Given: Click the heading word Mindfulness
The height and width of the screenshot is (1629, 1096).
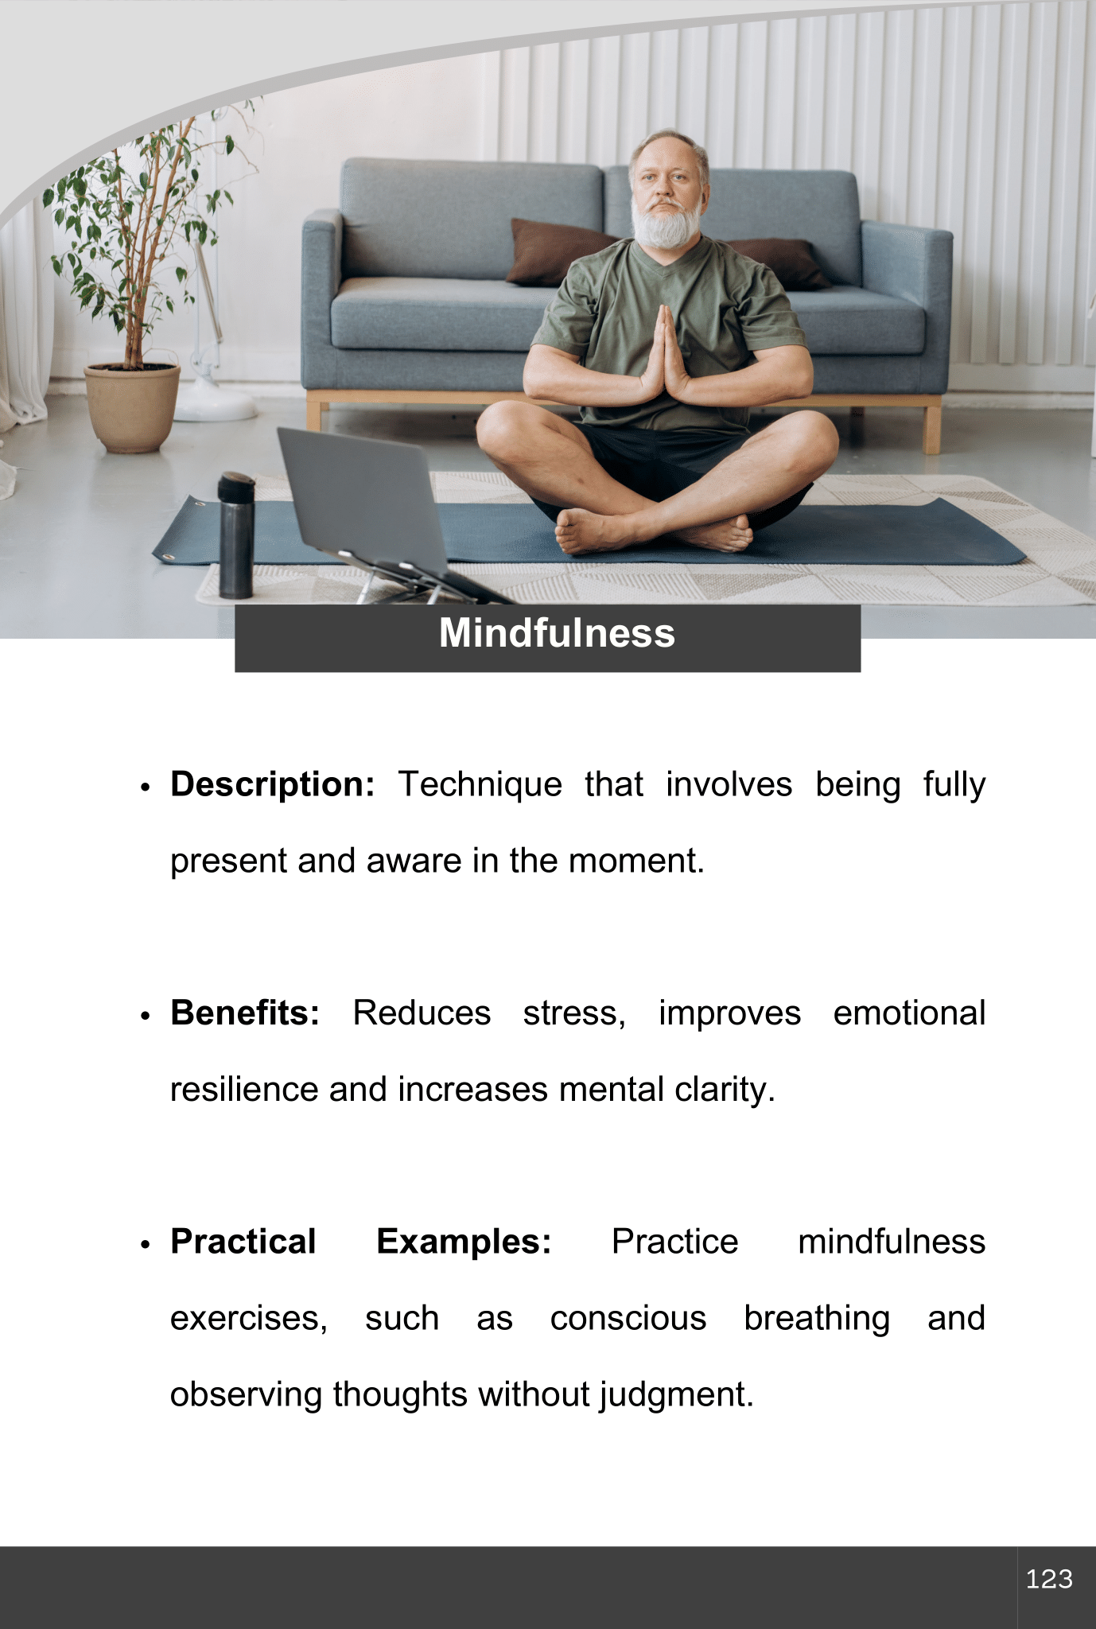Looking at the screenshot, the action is [557, 633].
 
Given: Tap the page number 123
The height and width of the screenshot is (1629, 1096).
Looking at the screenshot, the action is [1049, 1579].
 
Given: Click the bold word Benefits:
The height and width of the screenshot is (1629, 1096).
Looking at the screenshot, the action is [245, 1013].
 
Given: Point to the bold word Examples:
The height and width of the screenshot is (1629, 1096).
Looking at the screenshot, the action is [464, 1242].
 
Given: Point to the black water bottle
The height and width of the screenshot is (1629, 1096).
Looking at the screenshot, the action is [235, 535].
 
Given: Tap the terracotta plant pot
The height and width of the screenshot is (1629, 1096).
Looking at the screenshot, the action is [132, 406].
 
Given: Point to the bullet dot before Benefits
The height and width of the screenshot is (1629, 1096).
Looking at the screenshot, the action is [145, 1016].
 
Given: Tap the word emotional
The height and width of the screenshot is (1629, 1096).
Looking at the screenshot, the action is [909, 1013].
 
